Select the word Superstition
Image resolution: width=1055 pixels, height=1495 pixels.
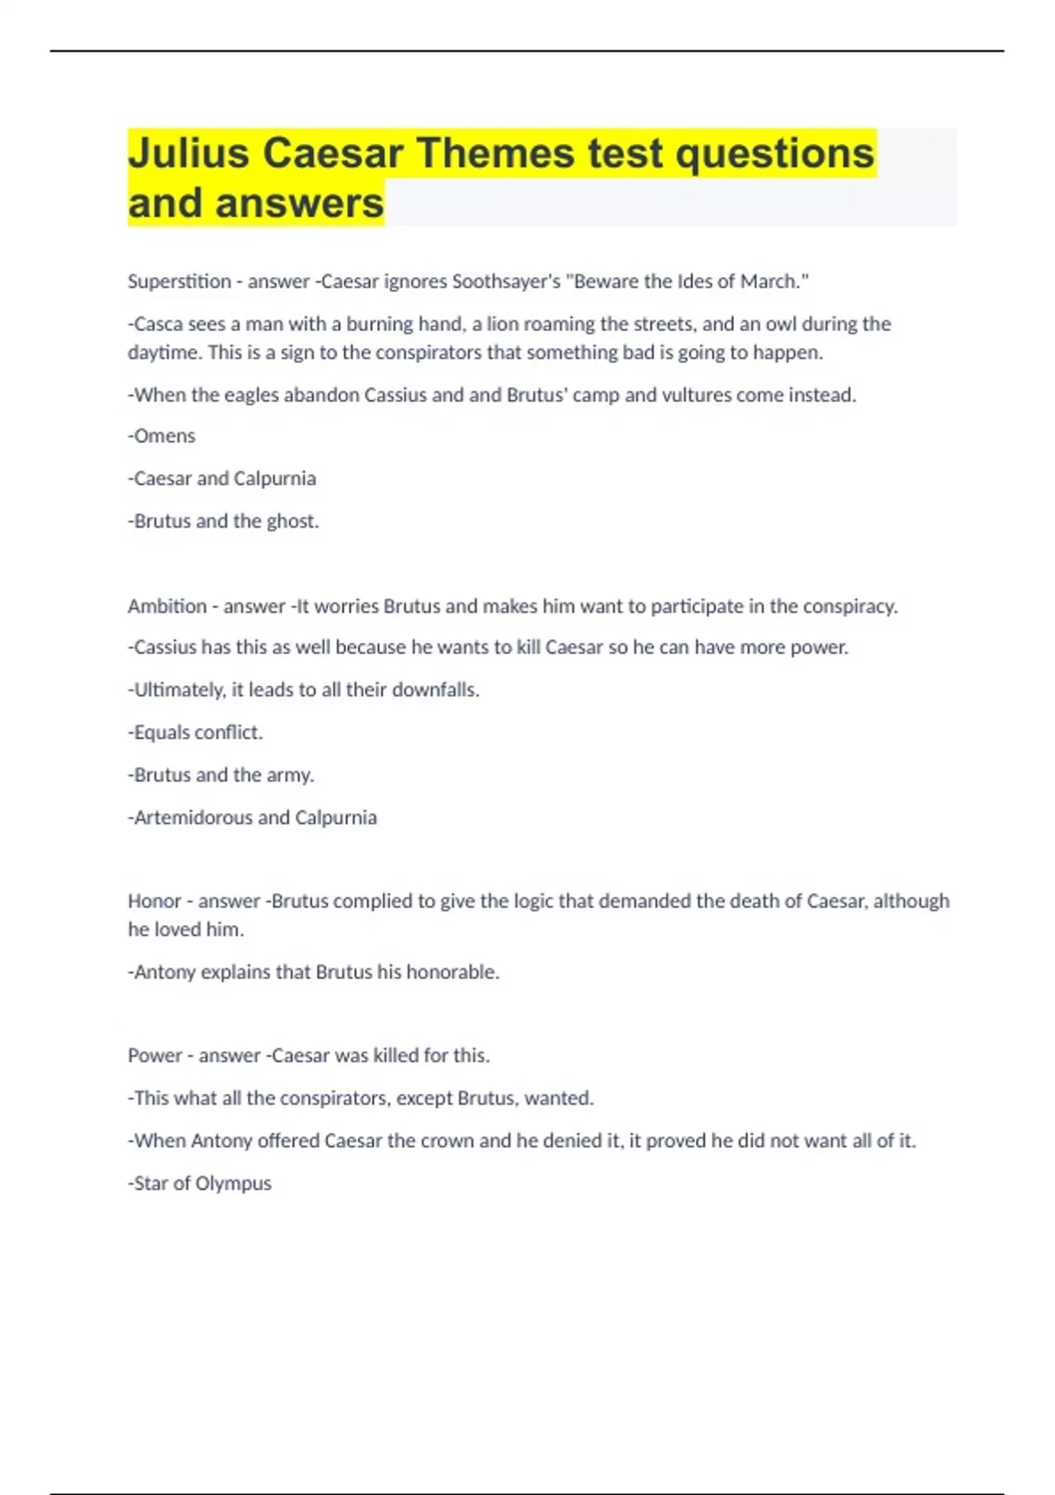coord(179,281)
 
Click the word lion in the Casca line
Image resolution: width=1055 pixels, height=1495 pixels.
coord(502,325)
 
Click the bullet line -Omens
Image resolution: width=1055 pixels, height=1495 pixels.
coord(162,436)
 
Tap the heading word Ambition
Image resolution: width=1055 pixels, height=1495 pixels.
coord(167,606)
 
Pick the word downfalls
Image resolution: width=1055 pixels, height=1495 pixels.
coord(435,690)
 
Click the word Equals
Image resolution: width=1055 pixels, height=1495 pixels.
coord(162,733)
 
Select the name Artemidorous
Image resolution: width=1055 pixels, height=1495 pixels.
coord(193,818)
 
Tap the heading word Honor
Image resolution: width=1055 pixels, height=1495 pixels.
coord(154,901)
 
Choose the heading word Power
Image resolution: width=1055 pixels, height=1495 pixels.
coord(155,1056)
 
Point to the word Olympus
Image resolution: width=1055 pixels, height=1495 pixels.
coord(233,1184)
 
